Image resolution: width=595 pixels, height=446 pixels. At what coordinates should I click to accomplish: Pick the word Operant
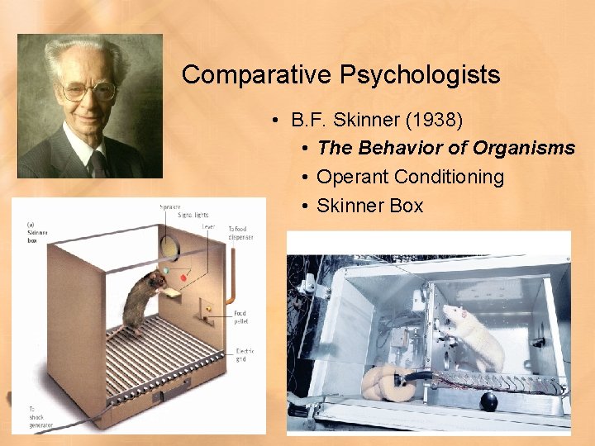(353, 177)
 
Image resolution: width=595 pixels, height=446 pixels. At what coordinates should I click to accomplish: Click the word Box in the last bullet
(406, 206)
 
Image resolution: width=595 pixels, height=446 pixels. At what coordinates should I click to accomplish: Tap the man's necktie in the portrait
(98, 164)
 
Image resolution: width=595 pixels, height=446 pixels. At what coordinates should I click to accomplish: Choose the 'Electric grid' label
(245, 355)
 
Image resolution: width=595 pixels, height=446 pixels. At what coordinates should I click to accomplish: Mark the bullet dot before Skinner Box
(306, 206)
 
